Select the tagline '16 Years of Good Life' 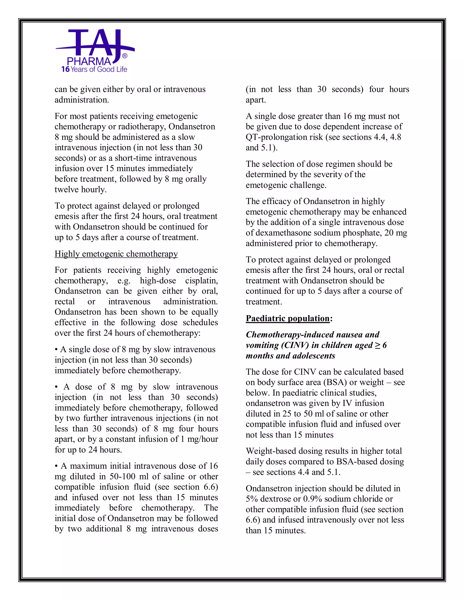[94, 69]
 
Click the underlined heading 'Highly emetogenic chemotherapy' [116, 254]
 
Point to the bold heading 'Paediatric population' [288, 318]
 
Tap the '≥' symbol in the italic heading [377, 345]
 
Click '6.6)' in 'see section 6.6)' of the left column [210, 487]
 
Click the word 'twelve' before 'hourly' [66, 189]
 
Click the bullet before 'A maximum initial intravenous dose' [56, 466]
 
